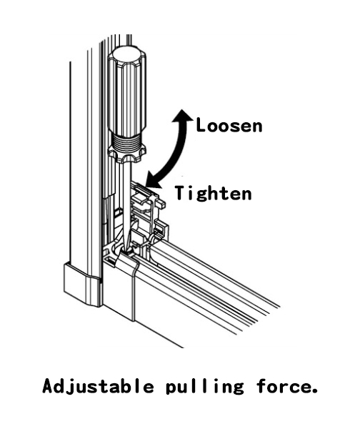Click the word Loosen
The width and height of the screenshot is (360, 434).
point(229,126)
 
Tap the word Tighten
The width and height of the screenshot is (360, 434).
point(213,192)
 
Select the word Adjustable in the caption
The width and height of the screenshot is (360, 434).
point(98,386)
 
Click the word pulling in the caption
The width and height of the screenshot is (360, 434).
point(204,387)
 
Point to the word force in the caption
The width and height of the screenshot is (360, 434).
point(282,386)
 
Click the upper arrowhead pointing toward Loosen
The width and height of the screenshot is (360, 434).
point(182,116)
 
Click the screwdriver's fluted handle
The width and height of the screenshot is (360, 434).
point(126,94)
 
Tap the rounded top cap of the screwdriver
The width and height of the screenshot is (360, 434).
point(126,55)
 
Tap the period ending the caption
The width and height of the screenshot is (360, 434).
point(314,391)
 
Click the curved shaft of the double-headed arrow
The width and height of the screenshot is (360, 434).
point(178,151)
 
